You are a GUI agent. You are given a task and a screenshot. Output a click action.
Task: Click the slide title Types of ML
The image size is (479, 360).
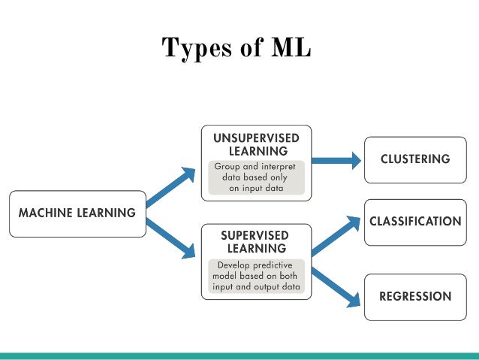236,47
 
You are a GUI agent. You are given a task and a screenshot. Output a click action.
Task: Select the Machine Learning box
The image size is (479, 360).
77,214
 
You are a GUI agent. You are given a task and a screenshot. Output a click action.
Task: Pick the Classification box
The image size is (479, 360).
414,222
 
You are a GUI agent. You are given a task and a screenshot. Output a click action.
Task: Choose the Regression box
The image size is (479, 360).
414,296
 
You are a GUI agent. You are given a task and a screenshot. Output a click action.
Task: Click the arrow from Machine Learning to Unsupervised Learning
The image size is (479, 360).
170,186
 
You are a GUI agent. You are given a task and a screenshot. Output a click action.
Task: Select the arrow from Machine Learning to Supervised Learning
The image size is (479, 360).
170,239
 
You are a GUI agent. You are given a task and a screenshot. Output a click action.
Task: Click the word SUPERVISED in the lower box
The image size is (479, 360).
256,235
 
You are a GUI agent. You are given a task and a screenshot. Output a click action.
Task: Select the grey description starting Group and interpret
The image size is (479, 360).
256,177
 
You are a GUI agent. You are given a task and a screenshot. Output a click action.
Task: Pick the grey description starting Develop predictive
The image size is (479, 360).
256,277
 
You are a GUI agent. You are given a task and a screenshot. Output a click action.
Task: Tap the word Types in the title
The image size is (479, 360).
194,47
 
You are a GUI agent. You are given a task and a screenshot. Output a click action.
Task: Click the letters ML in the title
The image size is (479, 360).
289,47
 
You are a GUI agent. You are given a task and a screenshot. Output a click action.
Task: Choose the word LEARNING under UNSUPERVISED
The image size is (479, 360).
256,151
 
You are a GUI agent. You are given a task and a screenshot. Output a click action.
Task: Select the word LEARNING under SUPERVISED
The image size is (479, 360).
256,248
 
